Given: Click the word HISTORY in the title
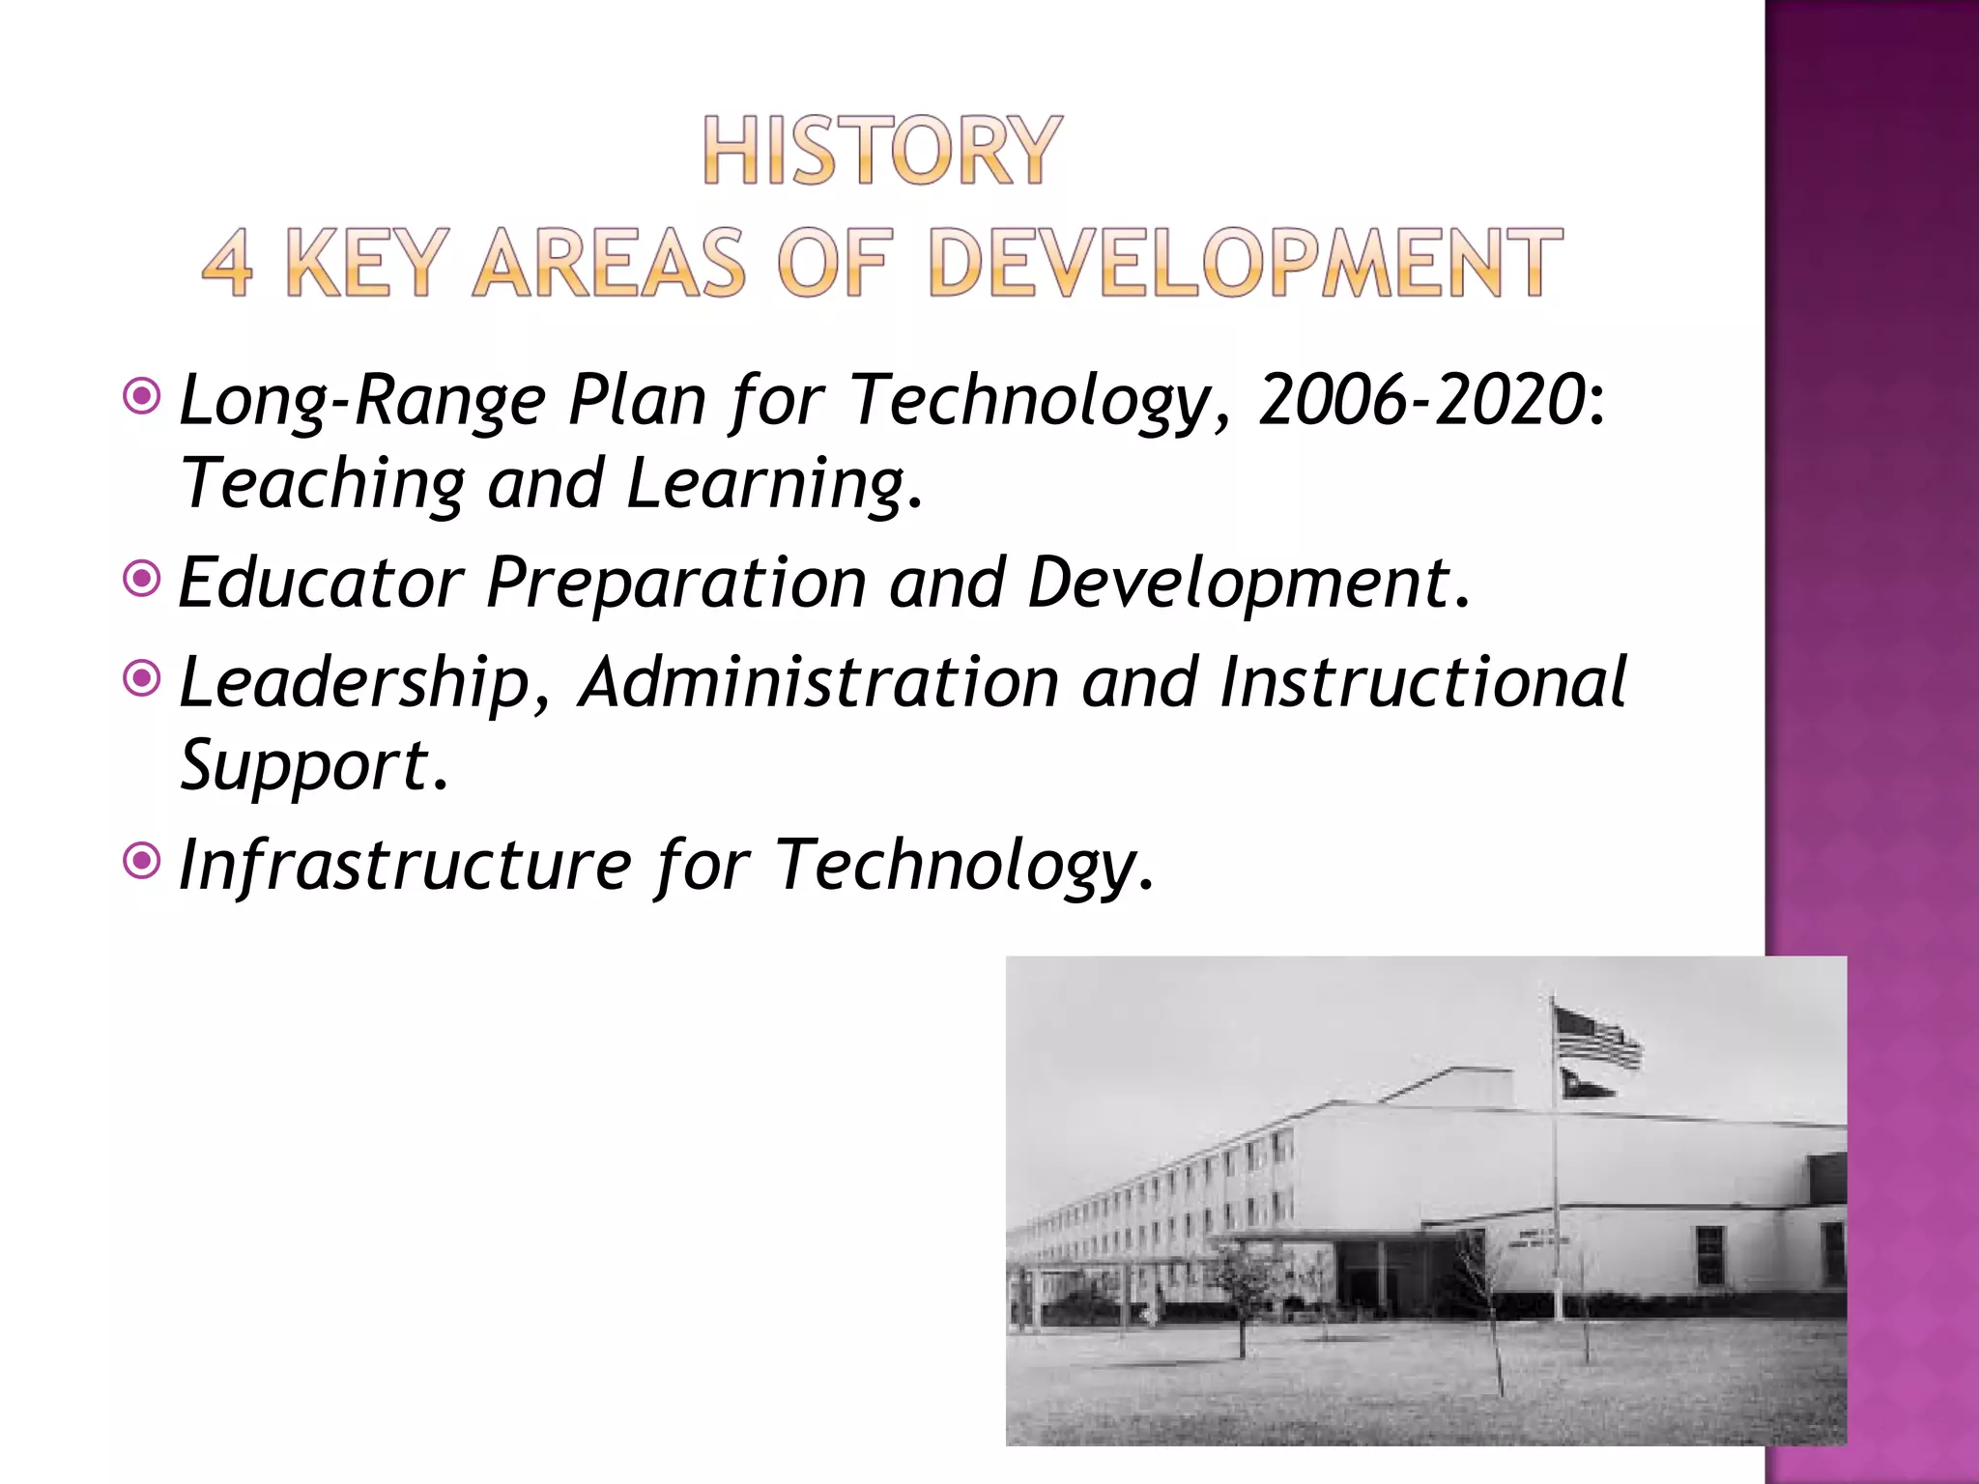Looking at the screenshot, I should point(881,151).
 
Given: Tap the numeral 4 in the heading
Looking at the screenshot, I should point(228,263).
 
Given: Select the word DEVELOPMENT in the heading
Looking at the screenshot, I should point(1245,263).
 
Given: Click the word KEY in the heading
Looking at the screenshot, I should point(367,263).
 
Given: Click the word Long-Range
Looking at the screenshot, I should point(362,400).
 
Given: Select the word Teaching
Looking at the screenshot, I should point(323,483).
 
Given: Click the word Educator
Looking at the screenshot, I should point(321,583).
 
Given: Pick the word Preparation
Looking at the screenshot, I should point(676,583).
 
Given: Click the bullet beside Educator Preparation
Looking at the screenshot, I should point(142,580).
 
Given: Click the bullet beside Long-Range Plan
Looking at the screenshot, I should point(142,396).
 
